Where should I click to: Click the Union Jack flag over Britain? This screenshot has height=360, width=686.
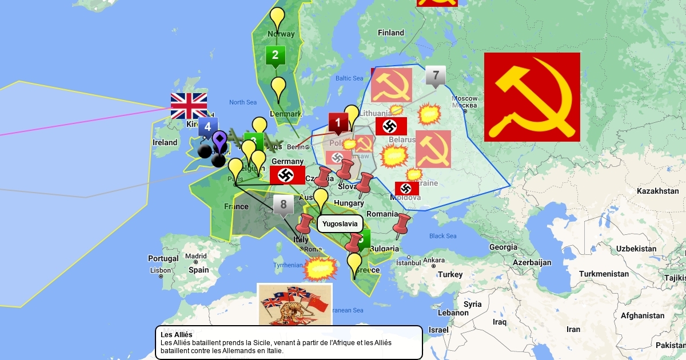tap(189, 106)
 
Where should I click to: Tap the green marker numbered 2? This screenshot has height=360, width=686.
tap(276, 55)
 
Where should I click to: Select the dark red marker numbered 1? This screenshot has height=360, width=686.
tap(338, 122)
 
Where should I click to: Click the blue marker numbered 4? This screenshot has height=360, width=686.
tap(208, 127)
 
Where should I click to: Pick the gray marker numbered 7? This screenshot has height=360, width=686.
tap(436, 75)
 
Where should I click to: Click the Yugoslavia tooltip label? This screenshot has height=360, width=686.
tap(339, 224)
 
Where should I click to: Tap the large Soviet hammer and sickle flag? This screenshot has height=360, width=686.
tap(532, 97)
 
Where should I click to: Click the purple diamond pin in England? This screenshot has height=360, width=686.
tap(220, 140)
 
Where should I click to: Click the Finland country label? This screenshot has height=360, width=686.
tap(391, 33)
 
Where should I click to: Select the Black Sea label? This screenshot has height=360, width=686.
tap(443, 236)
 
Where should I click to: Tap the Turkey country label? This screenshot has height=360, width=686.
tap(450, 274)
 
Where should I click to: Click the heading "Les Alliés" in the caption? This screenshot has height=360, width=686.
tap(176, 334)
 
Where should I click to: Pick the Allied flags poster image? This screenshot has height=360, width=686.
tap(294, 305)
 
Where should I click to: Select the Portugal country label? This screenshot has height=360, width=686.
tap(163, 258)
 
